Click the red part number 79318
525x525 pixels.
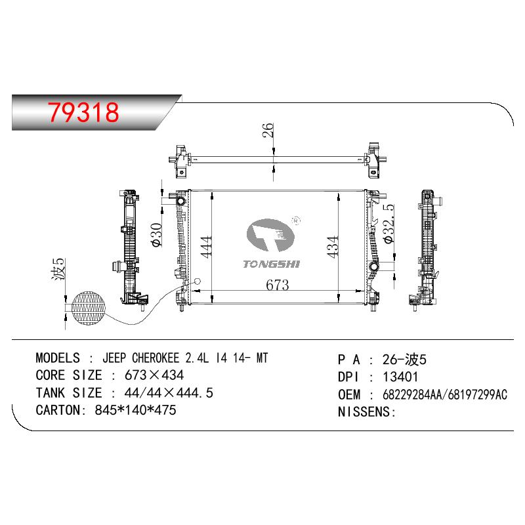83,112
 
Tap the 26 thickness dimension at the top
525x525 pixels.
268,131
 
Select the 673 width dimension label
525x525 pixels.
277,285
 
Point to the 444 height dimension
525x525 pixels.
207,247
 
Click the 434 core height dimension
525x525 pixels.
333,247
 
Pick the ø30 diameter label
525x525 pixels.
156,235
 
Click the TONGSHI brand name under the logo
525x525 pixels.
272,264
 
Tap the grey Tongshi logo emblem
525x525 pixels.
270,235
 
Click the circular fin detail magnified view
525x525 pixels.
89,308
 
